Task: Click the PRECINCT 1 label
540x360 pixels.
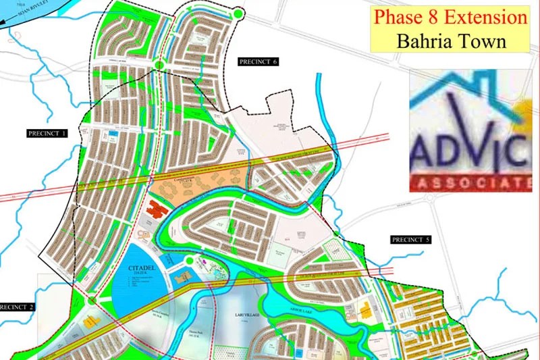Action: pos(47,134)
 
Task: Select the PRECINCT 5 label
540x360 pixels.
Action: pos(410,240)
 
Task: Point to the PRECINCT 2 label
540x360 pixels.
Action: pos(17,306)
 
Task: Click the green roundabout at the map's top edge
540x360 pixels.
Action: pos(238,13)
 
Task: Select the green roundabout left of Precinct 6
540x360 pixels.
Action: pos(159,65)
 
